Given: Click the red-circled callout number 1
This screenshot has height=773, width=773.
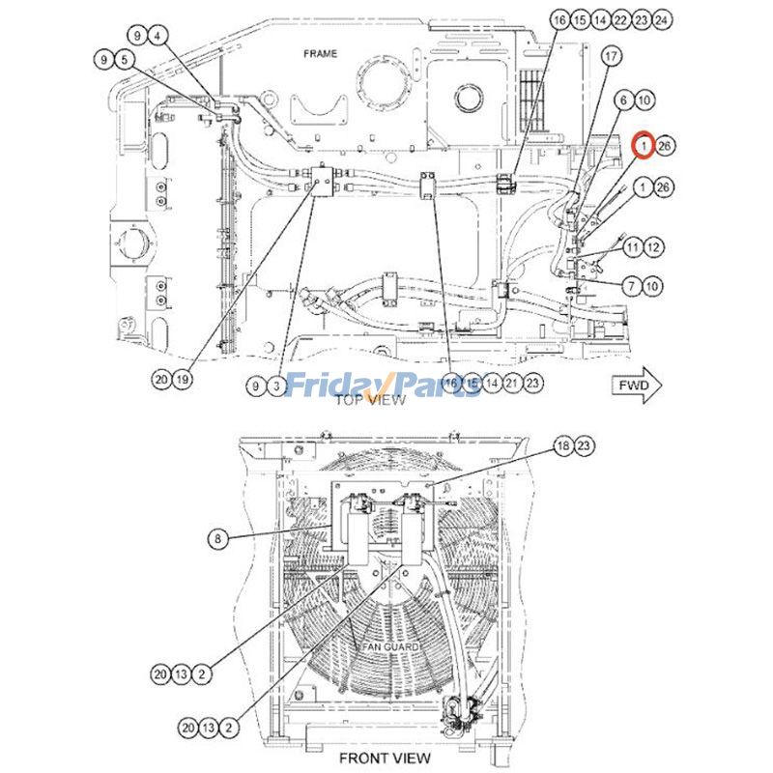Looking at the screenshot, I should (643, 146).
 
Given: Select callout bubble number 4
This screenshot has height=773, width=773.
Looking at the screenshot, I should (157, 36).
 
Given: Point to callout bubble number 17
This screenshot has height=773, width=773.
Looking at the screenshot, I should (610, 58).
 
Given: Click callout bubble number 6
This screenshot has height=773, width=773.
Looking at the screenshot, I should (623, 100).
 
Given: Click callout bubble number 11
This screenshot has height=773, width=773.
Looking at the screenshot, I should (633, 248).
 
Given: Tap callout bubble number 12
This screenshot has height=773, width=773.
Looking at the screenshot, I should (653, 248).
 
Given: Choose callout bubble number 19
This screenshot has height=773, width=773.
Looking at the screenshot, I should (182, 380).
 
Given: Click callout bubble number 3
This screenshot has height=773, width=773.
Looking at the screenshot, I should (275, 386).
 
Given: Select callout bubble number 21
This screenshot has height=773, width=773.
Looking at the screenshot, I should (512, 384).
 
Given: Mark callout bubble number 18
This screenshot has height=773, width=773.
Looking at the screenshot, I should (562, 445).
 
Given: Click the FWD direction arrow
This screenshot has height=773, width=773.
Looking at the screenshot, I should (639, 386).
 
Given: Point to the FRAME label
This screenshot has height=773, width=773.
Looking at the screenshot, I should (320, 54).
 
